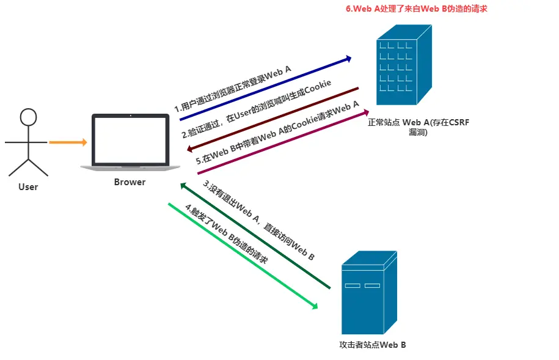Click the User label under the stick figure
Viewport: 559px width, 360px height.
coord(28,187)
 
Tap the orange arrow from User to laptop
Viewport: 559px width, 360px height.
coord(68,142)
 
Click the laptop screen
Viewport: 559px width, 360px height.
coord(131,140)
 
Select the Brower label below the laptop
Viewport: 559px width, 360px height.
coord(130,182)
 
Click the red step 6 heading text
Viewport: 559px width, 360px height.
coord(417,9)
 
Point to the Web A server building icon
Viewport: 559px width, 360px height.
coord(404,65)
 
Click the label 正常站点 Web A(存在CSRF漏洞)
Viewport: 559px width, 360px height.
coord(418,127)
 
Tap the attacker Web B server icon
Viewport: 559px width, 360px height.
coord(370,293)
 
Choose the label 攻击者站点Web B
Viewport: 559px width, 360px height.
coord(373,345)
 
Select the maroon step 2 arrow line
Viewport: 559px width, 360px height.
coord(272,120)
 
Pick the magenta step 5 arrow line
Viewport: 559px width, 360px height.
coord(283,142)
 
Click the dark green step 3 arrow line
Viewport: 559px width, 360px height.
coord(255,235)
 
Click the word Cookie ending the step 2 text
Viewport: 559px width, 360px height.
coord(318,89)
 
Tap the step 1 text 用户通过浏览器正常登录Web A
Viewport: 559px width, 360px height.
coord(233,89)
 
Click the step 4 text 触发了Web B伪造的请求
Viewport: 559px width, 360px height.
coord(227,233)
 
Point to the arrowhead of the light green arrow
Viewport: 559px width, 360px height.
coord(315,306)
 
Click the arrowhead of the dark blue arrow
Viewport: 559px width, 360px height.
coord(348,59)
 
